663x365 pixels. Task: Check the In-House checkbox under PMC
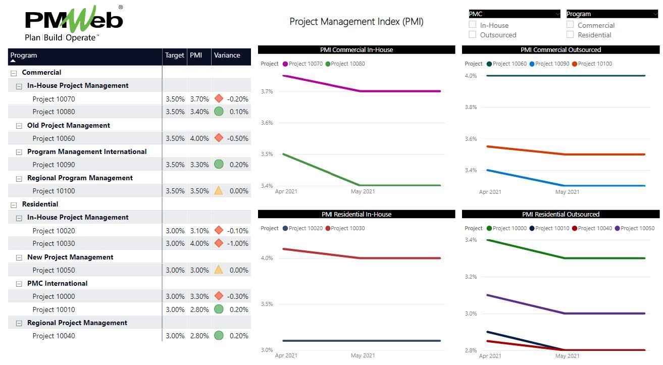click(473, 25)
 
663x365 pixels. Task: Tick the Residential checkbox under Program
click(570, 35)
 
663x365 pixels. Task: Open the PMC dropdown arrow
click(557, 14)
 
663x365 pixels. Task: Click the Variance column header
click(227, 56)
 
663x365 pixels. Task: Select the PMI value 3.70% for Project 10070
click(199, 99)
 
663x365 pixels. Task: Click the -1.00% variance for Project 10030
click(237, 243)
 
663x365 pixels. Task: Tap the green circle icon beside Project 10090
click(219, 164)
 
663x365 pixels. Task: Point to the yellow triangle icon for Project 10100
click(219, 190)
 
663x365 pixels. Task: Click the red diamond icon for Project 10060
click(219, 138)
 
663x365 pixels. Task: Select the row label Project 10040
click(54, 336)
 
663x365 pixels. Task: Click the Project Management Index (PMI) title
click(356, 22)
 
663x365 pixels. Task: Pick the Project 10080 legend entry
click(347, 64)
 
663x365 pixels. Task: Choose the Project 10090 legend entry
click(552, 64)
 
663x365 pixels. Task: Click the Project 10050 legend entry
click(637, 229)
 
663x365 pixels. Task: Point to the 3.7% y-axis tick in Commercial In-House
click(267, 91)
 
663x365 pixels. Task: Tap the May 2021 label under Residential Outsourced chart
click(567, 356)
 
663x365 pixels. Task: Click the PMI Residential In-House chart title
click(356, 215)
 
